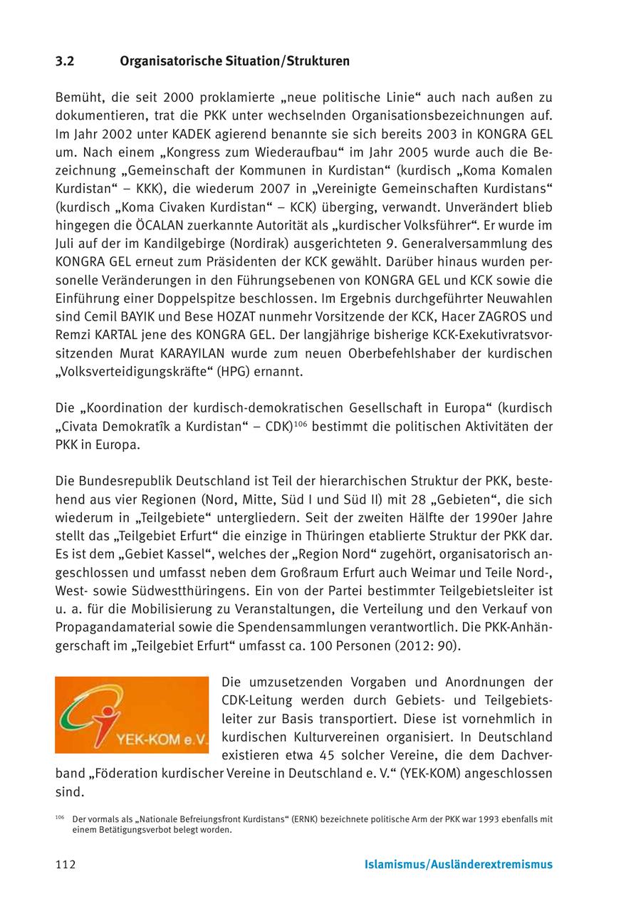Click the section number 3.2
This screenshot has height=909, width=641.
click(x=65, y=61)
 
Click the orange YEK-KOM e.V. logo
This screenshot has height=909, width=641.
click(x=132, y=715)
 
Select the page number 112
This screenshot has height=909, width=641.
click(x=66, y=865)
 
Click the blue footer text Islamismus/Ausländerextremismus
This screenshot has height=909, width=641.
click(x=458, y=865)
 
